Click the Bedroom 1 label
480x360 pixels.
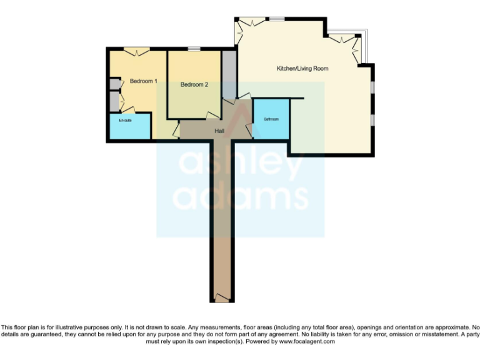pos(143,81)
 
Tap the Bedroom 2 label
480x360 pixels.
pos(194,85)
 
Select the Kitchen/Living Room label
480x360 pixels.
pos(302,68)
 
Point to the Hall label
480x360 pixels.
pos(219,131)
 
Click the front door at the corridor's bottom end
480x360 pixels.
pos(222,296)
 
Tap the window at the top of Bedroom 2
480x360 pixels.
pos(194,49)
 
